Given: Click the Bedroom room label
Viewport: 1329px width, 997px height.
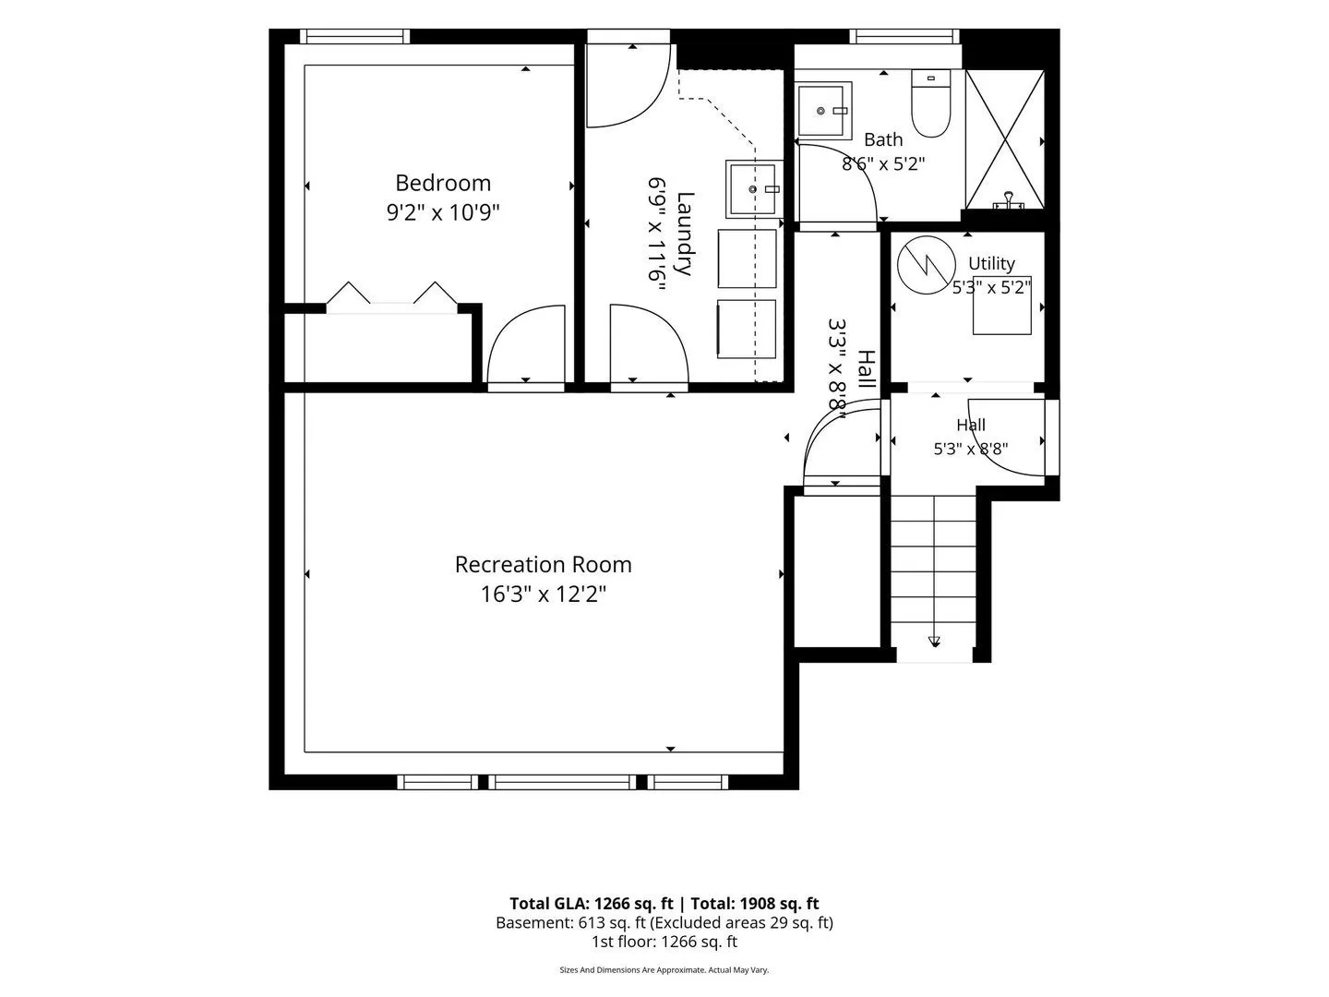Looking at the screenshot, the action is tap(443, 183).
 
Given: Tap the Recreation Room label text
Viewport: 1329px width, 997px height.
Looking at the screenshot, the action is tap(543, 564).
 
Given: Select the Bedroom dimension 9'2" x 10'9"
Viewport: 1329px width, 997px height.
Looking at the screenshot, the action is tap(443, 212).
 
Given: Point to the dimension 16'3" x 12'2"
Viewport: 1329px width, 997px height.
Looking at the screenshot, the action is tap(543, 594).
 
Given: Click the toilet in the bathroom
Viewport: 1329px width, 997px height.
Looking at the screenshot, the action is tap(930, 103).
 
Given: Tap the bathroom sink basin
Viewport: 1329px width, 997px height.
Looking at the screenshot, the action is tap(824, 110).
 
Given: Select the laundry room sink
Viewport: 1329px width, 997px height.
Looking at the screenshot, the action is tap(754, 189).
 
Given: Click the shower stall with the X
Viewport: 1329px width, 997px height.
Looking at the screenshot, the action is tap(1004, 139).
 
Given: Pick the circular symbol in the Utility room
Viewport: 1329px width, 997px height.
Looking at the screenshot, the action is tap(927, 265).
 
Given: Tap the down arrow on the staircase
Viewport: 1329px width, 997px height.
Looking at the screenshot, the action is tap(934, 642).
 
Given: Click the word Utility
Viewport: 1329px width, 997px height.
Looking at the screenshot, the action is tap(991, 263).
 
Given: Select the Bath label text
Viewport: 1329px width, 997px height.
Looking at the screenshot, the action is tap(883, 139).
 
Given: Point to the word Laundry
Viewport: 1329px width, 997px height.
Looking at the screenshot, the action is tap(684, 234).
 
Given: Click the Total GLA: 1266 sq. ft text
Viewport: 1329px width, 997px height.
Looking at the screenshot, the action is tap(591, 904).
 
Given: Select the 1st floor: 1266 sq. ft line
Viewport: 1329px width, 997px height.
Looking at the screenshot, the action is tap(664, 942).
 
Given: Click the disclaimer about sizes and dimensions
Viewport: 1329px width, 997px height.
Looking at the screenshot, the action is tap(664, 969).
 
